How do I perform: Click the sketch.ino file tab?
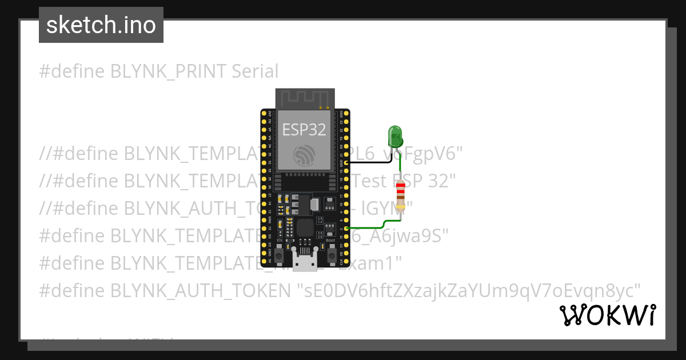tap(101, 25)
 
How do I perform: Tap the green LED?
tap(395, 137)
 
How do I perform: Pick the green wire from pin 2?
tap(372, 227)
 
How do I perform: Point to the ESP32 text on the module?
tap(304, 129)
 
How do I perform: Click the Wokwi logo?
tap(607, 315)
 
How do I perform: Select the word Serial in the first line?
tap(255, 71)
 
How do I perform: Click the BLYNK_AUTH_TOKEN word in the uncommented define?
tap(200, 290)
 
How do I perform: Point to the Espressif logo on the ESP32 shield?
tap(304, 155)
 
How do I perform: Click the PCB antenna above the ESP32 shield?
tap(304, 98)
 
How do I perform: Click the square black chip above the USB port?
tap(305, 229)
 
